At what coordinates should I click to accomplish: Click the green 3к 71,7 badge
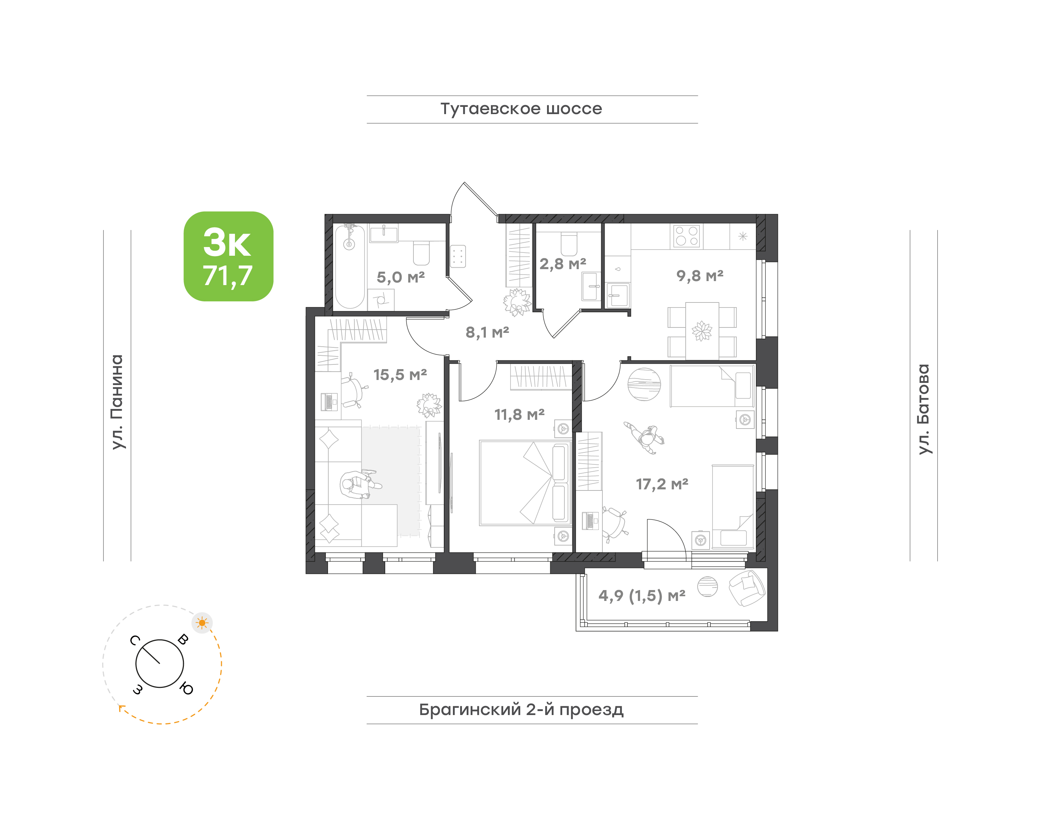click(x=228, y=256)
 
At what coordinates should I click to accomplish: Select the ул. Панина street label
click(x=117, y=402)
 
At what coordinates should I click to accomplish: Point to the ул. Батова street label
click(x=923, y=409)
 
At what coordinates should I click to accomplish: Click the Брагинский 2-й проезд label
click(x=521, y=710)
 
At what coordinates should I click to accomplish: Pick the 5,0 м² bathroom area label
click(x=401, y=277)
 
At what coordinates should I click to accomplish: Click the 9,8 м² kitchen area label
click(x=700, y=276)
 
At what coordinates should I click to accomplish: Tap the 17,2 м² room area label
click(x=662, y=484)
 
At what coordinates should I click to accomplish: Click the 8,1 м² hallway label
click(x=487, y=332)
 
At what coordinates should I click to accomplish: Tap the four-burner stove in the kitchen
click(x=686, y=236)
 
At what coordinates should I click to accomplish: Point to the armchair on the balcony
click(x=746, y=588)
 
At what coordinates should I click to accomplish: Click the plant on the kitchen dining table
click(x=702, y=331)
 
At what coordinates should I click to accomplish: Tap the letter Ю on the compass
click(x=186, y=689)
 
